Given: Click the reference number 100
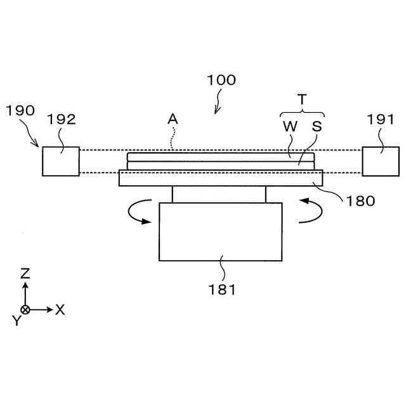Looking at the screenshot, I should (x=221, y=81).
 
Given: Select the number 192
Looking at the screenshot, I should (x=61, y=119).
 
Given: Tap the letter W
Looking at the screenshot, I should (x=290, y=126).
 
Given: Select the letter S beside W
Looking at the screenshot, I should (x=317, y=126).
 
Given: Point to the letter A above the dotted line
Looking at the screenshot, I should (x=172, y=119).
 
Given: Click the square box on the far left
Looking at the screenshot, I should (x=61, y=161).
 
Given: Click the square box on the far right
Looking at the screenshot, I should (x=381, y=161).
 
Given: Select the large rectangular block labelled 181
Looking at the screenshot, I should (x=221, y=232).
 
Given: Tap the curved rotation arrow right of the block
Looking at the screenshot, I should (x=306, y=211).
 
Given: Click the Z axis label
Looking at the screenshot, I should (x=25, y=273).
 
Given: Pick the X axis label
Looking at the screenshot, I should (x=60, y=310).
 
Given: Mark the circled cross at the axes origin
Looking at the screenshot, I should (x=25, y=310).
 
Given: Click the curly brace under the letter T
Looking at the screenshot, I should (x=302, y=112).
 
